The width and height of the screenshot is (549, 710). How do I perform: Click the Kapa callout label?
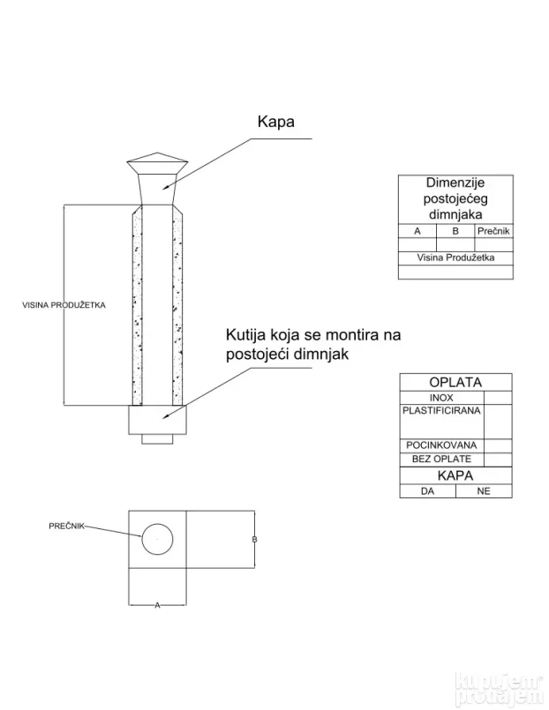(274, 122)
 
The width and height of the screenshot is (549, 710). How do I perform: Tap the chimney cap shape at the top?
(156, 166)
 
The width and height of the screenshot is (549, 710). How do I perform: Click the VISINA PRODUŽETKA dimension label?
(64, 305)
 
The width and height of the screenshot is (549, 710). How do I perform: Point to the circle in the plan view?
(157, 536)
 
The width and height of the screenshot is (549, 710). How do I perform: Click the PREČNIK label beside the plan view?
(67, 526)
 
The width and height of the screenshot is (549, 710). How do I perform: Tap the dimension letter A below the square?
(157, 606)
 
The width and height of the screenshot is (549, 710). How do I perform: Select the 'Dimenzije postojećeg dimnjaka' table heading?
(455, 198)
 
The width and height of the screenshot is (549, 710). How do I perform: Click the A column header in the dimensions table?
(417, 231)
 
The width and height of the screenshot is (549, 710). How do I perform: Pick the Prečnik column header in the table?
(493, 231)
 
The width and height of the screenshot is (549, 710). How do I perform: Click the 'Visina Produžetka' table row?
(455, 258)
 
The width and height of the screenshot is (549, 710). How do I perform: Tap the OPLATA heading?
(455, 383)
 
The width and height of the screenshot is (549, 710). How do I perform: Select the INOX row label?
(441, 398)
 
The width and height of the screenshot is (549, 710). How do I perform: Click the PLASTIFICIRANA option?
(441, 412)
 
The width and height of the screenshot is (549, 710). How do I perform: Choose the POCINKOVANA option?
(441, 445)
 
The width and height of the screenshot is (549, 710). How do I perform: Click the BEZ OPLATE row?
(441, 459)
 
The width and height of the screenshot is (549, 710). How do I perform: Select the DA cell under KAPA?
(428, 491)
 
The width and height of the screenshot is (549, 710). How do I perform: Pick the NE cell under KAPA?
(483, 491)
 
